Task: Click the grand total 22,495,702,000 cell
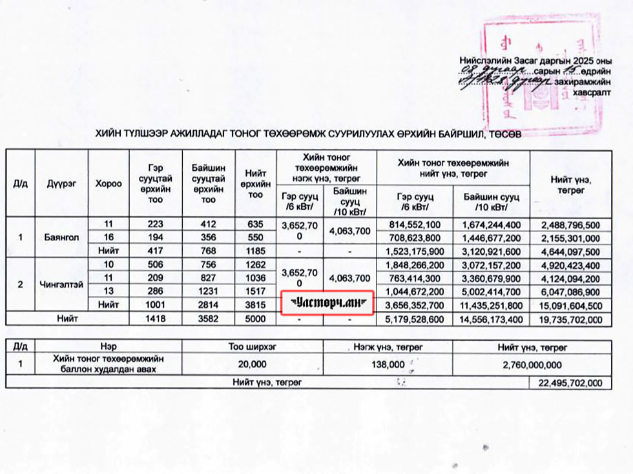[570, 382]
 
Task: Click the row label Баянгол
[61, 237]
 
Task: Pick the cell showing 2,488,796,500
[570, 224]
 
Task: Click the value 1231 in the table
[208, 291]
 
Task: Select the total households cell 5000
[255, 317]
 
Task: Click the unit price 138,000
[387, 364]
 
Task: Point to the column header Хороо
[108, 183]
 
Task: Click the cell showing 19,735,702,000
[570, 318]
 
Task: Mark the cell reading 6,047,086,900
[570, 291]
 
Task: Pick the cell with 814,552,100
[415, 224]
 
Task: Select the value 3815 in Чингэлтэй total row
[255, 304]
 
